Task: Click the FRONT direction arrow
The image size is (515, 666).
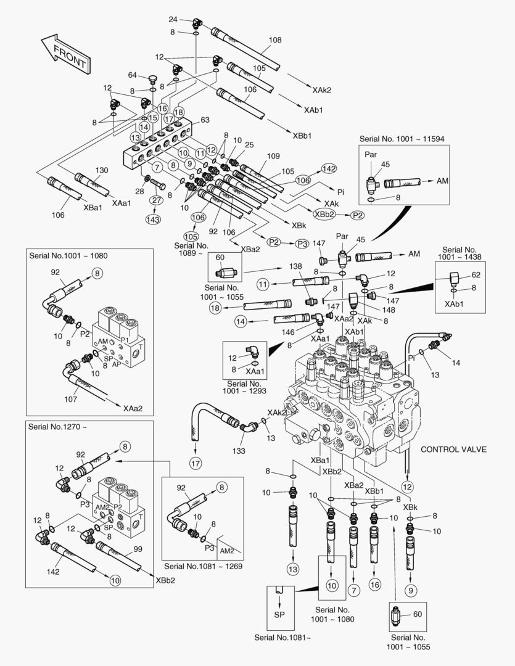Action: click(x=66, y=54)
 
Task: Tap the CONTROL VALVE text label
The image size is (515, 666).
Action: click(x=453, y=450)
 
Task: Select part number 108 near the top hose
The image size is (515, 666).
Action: click(x=275, y=40)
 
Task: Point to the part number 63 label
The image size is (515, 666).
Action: click(x=205, y=120)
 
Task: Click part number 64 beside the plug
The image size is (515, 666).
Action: click(x=133, y=75)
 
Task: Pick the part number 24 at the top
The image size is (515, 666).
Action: click(x=173, y=19)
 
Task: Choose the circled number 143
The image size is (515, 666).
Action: click(x=153, y=219)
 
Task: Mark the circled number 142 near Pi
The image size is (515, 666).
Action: click(x=329, y=168)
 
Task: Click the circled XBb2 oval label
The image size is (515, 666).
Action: click(x=324, y=215)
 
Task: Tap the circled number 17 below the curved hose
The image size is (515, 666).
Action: click(x=196, y=463)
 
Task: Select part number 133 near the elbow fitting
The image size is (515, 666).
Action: click(x=238, y=451)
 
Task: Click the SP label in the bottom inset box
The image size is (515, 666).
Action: click(x=279, y=615)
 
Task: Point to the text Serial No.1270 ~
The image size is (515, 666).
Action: click(x=57, y=427)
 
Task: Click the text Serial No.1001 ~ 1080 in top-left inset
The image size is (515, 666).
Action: click(x=68, y=256)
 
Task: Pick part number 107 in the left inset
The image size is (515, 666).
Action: click(x=70, y=399)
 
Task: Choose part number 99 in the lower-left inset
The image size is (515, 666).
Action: click(x=138, y=549)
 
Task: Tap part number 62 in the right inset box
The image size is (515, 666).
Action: click(x=476, y=275)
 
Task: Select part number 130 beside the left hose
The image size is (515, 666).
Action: click(x=102, y=170)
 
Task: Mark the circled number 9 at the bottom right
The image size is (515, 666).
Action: click(x=411, y=590)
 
